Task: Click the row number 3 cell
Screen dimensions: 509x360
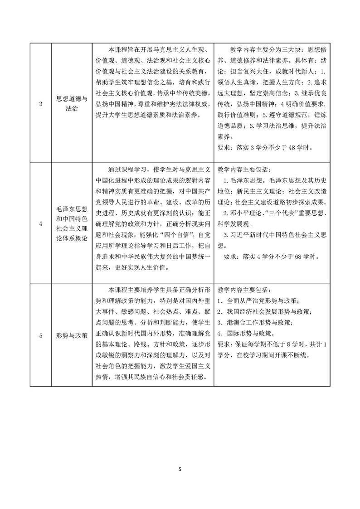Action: pyautogui.click(x=41, y=104)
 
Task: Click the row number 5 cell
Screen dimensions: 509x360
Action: pyautogui.click(x=41, y=335)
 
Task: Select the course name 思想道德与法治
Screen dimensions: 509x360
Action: pyautogui.click(x=71, y=104)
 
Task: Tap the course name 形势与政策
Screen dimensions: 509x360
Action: pyautogui.click(x=71, y=335)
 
